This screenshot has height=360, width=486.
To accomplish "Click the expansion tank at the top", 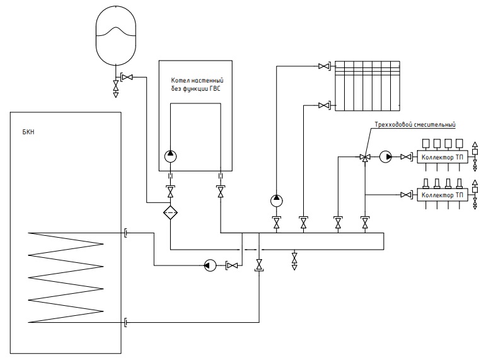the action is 116,35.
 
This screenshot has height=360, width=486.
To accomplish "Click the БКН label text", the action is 28,132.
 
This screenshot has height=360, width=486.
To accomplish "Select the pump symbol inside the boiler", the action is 170,156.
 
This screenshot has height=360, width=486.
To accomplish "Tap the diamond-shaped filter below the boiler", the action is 170,212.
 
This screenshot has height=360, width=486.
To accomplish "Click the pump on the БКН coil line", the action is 210,265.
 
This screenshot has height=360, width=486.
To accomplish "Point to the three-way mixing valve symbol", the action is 365,158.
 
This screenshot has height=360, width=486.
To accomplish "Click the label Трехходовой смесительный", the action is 415,125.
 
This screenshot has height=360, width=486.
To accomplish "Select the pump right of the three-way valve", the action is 386,157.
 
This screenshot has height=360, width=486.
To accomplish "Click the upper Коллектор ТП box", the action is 443,157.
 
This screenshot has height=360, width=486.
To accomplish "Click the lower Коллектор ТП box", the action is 443,195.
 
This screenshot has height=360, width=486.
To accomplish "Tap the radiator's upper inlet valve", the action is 324,66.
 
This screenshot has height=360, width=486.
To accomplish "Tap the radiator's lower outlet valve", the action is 324,105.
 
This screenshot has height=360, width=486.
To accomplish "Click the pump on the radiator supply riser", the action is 277,201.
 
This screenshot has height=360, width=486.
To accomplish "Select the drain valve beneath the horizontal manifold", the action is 294,260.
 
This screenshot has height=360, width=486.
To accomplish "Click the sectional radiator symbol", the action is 367,86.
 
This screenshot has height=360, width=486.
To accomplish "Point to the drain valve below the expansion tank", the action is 115,88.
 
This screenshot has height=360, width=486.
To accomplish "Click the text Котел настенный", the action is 197,80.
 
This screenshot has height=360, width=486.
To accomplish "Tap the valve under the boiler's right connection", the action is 221,192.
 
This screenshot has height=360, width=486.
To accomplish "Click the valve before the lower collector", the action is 406,195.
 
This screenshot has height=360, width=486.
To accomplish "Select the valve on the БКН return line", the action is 259,265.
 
